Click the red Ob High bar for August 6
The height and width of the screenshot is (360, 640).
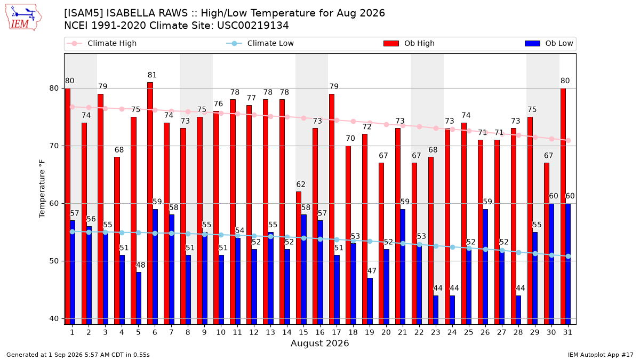coord(150,203)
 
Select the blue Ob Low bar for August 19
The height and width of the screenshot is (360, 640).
coord(370,301)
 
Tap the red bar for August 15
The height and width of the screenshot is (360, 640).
coord(299,258)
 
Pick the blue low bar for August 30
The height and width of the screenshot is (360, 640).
coord(551,264)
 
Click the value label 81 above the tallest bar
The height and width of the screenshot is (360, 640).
coord(152,75)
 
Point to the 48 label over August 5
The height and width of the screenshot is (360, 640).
coord(140,265)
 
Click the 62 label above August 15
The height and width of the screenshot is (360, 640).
coord(301,185)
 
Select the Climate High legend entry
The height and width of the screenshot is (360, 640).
coord(101,43)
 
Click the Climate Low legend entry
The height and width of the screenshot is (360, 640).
coord(260,43)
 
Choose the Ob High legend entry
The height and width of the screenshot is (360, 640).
coord(409,43)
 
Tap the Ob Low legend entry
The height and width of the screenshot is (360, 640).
coord(549,43)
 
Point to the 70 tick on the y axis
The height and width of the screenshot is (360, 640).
coord(54,146)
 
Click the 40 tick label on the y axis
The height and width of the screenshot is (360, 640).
coord(54,318)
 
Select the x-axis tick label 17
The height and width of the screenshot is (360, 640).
coord(337,332)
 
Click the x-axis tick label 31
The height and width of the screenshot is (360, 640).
coord(567,332)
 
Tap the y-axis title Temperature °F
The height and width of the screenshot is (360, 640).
coord(42,189)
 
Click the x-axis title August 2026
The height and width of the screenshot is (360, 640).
coord(319,343)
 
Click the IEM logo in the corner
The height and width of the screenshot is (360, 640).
coord(23,18)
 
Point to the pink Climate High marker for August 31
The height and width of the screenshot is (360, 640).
coord(569,141)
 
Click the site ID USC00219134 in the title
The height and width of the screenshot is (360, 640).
coord(253,26)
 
